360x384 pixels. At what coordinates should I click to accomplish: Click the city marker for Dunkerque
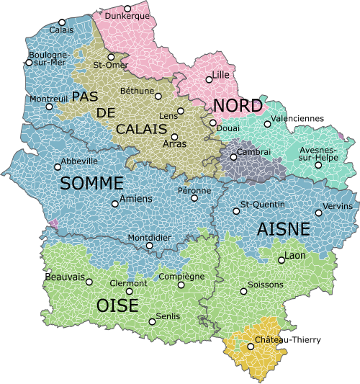pos(128,9)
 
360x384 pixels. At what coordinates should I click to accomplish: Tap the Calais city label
pos(61,30)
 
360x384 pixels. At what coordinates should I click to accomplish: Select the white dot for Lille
pos(210,79)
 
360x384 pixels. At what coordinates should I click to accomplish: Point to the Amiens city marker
pos(114,204)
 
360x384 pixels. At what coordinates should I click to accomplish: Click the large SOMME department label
pos(92,184)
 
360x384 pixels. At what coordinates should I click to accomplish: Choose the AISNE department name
pos(283,229)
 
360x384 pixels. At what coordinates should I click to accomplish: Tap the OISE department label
pos(117,306)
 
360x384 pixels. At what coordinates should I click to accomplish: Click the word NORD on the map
pos(237,106)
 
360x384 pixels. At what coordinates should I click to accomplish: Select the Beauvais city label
pos(65,277)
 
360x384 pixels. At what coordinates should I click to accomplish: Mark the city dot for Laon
pos(281,260)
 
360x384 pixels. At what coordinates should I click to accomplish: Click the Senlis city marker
pos(151,321)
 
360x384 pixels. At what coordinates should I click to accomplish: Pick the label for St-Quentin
pos(262,205)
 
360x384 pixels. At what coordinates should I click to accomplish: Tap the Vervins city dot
pos(319,213)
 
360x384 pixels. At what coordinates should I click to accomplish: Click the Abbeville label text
pos(79,161)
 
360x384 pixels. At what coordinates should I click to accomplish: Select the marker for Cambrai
pos(233,156)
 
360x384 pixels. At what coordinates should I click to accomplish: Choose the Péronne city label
pos(194,190)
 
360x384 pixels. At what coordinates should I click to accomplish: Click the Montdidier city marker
pos(149,246)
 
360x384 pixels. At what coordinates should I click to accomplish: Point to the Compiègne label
pos(181,276)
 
